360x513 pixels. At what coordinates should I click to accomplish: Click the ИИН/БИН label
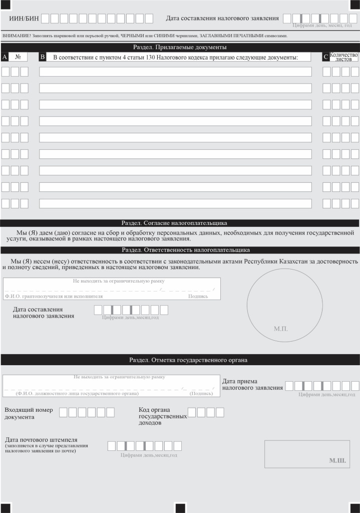[x=24, y=19]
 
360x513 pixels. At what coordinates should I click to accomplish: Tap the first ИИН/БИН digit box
[x=45, y=19]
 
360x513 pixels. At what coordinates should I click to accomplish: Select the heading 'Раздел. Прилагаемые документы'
[x=180, y=47]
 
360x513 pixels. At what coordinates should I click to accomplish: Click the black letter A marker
[x=5, y=57]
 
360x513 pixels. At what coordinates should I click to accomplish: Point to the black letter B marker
[x=42, y=57]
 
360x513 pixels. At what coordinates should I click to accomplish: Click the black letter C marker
[x=325, y=57]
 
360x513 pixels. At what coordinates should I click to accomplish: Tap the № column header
[x=18, y=57]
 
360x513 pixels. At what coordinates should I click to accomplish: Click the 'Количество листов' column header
[x=343, y=57]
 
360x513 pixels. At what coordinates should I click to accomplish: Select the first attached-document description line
[x=175, y=72]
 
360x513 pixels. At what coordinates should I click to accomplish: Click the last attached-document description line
[x=175, y=203]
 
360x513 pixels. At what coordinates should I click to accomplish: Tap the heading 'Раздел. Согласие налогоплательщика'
[x=174, y=223]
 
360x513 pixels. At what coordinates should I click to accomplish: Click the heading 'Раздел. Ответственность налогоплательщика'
[x=186, y=250]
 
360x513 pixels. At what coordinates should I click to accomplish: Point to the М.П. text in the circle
[x=281, y=329]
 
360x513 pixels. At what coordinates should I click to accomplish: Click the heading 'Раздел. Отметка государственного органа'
[x=188, y=360]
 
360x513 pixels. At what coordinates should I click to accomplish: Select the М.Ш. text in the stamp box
[x=337, y=461]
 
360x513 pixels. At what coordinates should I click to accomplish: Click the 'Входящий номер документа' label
[x=29, y=413]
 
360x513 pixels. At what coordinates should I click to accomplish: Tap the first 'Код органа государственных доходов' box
[x=192, y=412]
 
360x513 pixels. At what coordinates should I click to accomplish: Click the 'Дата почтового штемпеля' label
[x=41, y=440]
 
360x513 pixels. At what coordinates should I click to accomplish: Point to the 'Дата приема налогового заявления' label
[x=252, y=384]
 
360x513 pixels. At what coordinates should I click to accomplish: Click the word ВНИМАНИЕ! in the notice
[x=17, y=36]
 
